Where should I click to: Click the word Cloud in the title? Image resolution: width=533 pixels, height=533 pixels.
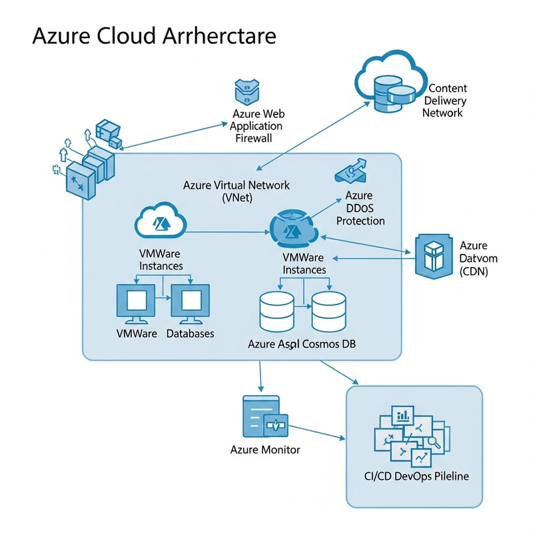[x=125, y=35]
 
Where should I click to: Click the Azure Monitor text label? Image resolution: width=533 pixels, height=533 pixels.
[x=265, y=450]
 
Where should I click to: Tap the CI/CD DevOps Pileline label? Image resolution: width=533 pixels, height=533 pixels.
[x=413, y=476]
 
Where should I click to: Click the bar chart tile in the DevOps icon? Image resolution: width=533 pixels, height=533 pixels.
[x=403, y=416]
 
